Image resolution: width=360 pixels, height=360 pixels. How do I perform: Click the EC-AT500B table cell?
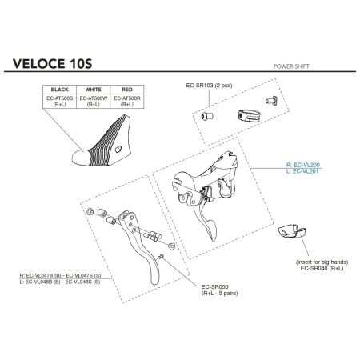(x=62, y=101)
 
